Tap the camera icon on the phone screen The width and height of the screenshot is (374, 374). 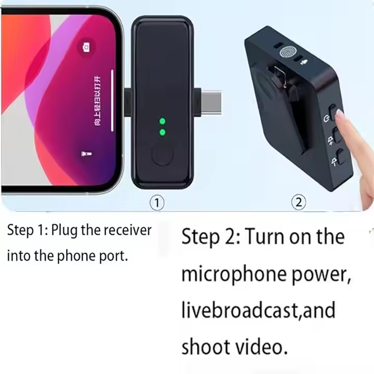86,48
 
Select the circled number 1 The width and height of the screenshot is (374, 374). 157,202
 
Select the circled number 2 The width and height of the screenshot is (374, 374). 298,202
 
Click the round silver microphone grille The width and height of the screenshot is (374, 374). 287,53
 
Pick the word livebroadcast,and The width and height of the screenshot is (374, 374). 258,310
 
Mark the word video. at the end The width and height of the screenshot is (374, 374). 263,346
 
